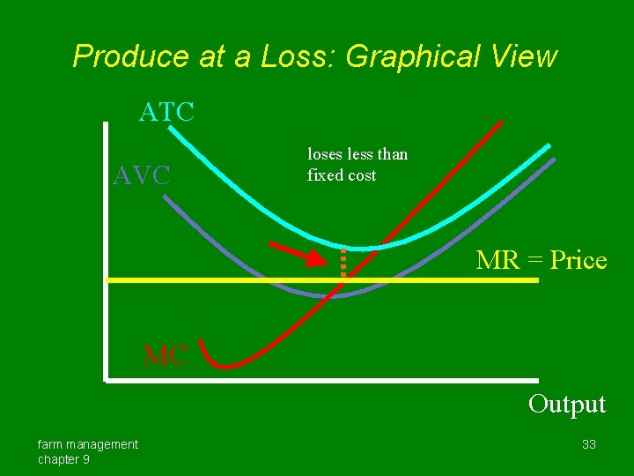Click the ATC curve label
166,112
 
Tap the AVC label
142,175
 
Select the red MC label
165,356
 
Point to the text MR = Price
541,260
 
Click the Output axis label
567,404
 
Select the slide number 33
589,444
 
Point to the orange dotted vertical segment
343,262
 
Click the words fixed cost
341,175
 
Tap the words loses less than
358,154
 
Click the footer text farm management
87,444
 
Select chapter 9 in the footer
63,459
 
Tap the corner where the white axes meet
105,381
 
